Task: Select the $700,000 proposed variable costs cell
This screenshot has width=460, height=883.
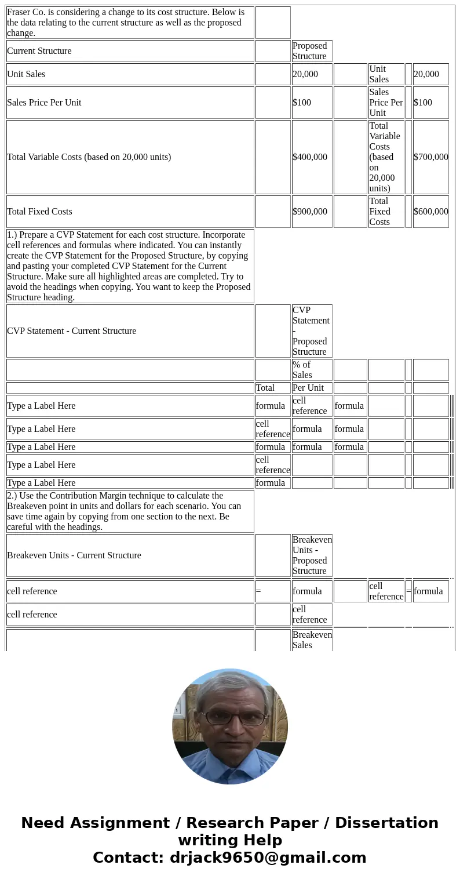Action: point(430,157)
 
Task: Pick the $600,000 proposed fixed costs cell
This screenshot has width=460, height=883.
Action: point(430,212)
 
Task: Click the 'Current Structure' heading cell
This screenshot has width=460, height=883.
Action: point(39,51)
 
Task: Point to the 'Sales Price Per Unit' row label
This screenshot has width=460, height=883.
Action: point(44,103)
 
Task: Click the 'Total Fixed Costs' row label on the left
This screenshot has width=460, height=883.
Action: point(39,212)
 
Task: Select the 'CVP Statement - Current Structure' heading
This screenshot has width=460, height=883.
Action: point(72,331)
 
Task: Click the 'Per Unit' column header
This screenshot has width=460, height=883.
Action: point(308,388)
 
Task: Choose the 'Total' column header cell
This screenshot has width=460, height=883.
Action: point(265,388)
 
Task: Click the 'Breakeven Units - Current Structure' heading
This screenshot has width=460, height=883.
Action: point(74,555)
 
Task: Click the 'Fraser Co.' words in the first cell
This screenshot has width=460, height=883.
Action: point(28,12)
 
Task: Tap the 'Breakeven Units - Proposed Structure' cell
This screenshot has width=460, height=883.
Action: point(312,555)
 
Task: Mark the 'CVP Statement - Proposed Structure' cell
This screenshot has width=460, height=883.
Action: point(311,331)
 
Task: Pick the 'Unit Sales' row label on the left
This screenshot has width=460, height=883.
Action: point(26,74)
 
